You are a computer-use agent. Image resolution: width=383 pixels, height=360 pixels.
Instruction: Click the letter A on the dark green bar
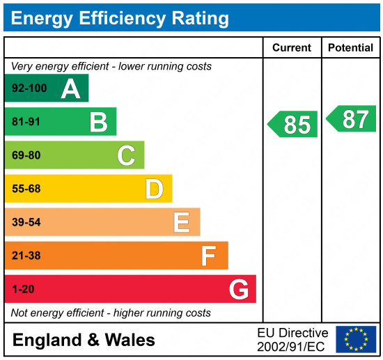tap(70, 88)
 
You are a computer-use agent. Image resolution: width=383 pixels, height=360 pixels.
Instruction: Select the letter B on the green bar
tap(98, 123)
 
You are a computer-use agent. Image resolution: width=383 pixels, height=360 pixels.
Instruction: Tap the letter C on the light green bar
tap(126, 155)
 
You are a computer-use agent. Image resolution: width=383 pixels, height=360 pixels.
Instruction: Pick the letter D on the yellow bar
tap(154, 189)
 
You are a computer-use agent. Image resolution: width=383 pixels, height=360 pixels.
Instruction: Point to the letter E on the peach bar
tap(182, 223)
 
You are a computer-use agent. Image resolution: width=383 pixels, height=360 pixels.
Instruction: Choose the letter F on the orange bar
tap(209, 256)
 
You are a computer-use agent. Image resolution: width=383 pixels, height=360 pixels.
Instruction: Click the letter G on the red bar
tap(238, 290)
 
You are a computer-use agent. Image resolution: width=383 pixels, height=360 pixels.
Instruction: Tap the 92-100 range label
tap(29, 89)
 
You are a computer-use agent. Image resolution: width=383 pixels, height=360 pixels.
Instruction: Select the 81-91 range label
tap(26, 123)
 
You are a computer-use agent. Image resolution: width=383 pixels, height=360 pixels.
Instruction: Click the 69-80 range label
tap(26, 156)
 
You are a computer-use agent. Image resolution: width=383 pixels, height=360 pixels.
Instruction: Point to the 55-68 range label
tap(26, 189)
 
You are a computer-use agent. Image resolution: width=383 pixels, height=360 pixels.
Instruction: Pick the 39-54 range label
tap(26, 223)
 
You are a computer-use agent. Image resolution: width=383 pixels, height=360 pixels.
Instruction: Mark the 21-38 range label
tap(26, 256)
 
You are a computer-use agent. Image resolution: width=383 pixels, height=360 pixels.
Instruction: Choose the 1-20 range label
tap(23, 290)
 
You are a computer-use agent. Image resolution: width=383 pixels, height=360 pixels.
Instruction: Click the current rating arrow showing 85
tap(293, 125)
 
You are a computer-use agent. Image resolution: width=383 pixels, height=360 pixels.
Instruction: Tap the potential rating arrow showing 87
tap(352, 119)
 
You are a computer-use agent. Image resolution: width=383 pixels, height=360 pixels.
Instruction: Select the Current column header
tap(292, 48)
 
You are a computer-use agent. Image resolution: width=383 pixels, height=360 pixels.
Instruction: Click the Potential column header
tap(351, 48)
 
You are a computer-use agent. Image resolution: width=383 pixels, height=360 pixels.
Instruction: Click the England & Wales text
tap(84, 340)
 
